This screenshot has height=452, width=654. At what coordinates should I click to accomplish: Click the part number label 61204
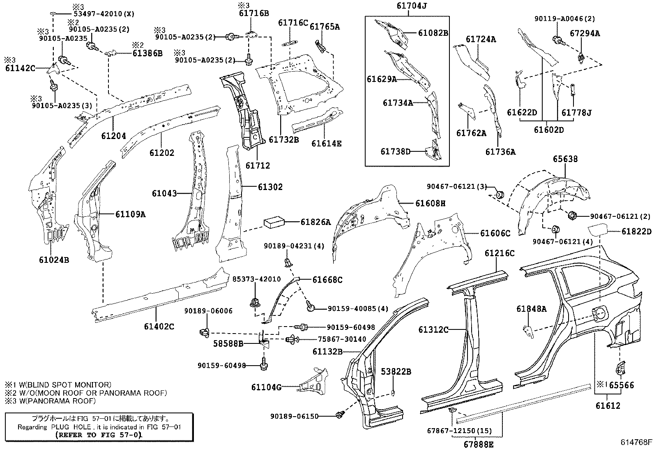click(x=113, y=136)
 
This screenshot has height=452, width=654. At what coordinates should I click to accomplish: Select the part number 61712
click(x=258, y=165)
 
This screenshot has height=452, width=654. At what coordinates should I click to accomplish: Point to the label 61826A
click(x=315, y=222)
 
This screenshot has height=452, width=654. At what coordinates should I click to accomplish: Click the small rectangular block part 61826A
click(x=274, y=222)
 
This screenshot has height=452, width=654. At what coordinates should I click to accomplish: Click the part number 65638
click(x=565, y=159)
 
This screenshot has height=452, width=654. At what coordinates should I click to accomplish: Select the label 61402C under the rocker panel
click(x=159, y=326)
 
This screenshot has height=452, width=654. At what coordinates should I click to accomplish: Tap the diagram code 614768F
click(x=636, y=442)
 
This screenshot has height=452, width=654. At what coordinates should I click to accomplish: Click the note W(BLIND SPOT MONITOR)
click(x=58, y=385)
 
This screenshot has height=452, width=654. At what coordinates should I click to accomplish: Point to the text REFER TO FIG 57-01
click(x=98, y=435)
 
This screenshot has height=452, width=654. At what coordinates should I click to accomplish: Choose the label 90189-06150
click(x=294, y=416)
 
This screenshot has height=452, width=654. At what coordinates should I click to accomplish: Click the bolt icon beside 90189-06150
click(x=340, y=414)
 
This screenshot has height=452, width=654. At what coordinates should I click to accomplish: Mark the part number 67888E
click(x=479, y=445)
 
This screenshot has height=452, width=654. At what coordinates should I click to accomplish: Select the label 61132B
click(x=327, y=351)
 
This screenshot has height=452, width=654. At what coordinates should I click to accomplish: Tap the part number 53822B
click(x=396, y=372)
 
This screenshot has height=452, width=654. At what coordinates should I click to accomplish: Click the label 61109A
click(x=130, y=214)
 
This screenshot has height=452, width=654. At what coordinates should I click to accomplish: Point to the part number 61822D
click(x=636, y=232)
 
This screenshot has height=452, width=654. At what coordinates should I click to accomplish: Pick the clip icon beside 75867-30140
click(x=292, y=339)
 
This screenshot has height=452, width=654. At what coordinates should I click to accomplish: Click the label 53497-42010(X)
click(x=104, y=14)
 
